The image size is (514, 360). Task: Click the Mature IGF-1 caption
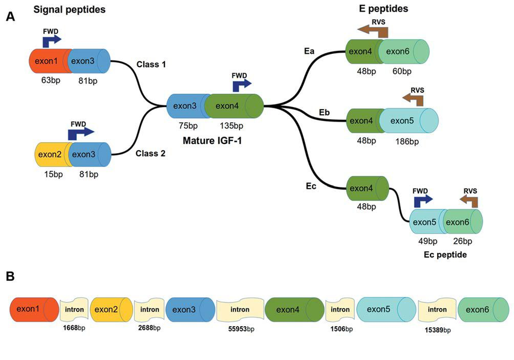(215, 140)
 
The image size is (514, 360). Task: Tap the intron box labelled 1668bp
(74, 309)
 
